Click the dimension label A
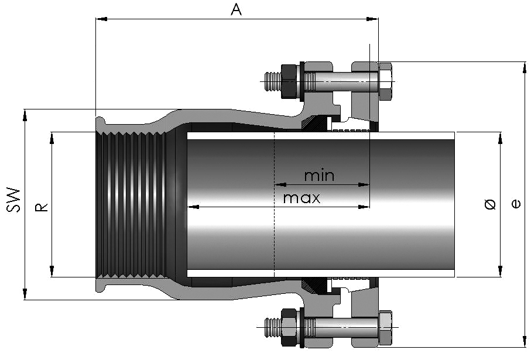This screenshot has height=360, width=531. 237,9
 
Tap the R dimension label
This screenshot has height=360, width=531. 42,207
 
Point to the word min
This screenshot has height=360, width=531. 319,176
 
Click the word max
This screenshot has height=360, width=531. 302,198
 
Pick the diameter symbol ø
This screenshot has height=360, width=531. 491,204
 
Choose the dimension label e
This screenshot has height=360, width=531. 516,204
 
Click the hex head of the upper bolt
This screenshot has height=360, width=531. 385,81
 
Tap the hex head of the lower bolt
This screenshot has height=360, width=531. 385,327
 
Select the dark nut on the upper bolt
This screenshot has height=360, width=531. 289,81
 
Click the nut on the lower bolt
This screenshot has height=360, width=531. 289,327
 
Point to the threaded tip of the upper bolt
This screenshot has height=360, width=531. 273,81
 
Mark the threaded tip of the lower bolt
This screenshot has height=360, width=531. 273,327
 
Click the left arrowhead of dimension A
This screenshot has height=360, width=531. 101,19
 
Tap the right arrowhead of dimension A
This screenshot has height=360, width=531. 372,19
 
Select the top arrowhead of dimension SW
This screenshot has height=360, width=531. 25,115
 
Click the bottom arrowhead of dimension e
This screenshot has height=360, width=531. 525,341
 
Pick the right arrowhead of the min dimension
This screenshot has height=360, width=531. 364,185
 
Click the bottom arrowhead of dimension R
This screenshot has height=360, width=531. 52,271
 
